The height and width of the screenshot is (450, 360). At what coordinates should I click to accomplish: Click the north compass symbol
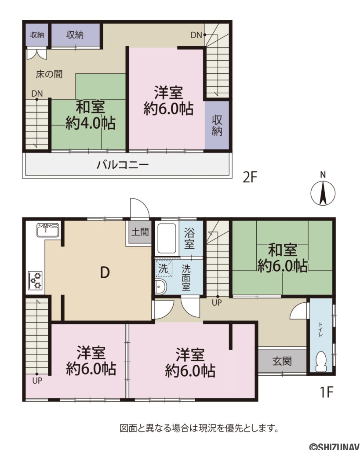coord(323,192)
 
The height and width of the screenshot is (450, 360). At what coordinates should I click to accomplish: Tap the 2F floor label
coord(250,178)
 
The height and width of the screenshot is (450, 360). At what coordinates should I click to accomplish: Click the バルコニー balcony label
coord(123,165)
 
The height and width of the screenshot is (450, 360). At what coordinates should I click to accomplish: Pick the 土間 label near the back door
coord(140,232)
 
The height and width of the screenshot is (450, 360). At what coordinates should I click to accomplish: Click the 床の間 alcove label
coord(49,74)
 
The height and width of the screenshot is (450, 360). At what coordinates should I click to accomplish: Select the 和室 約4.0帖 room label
coord(90,115)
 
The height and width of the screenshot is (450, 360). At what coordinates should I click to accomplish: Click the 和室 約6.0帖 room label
coord(282,258)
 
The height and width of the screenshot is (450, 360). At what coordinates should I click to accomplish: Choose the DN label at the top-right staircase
coord(196,35)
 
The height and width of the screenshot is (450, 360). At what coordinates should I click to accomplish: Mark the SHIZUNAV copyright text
coord(334,446)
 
